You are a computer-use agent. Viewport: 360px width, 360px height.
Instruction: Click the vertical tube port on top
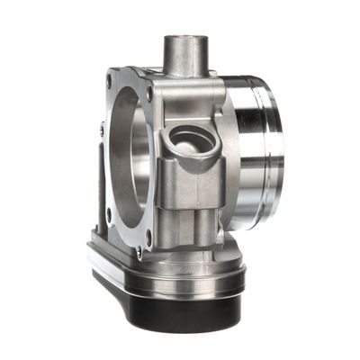point(184,56)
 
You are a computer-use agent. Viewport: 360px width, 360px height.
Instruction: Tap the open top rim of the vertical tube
point(184,39)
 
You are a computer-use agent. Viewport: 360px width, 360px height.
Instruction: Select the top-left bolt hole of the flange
point(110,82)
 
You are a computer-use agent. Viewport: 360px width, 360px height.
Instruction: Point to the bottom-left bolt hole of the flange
point(109,214)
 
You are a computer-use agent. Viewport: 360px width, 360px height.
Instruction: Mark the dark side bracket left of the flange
point(96,189)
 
